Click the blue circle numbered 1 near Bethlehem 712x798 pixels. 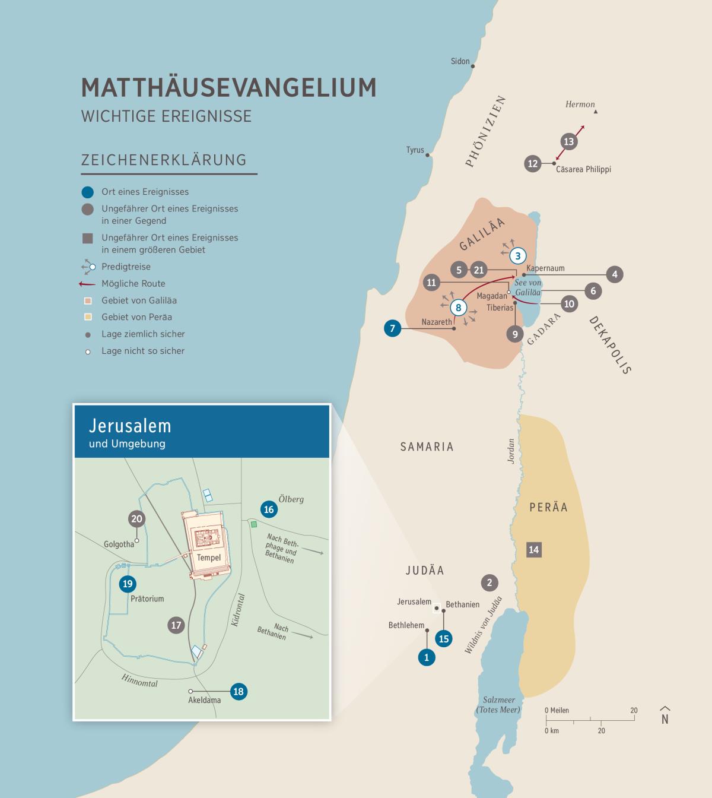426,657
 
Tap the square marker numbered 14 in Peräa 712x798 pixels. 533,549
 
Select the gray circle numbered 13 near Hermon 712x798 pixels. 568,141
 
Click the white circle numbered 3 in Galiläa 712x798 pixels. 518,255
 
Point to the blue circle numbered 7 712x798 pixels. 392,328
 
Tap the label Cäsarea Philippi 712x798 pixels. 583,169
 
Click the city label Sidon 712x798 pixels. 460,61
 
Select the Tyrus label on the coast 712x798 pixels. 415,150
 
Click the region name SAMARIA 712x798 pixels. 427,446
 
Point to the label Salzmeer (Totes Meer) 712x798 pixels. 498,705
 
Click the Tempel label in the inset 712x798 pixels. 208,558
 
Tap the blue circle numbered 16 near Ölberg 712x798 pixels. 269,509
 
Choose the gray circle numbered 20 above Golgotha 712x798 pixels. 136,519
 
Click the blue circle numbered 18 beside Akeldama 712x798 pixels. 239,691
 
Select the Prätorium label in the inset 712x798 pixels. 147,598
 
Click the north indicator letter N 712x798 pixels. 665,718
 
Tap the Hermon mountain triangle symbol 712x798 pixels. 596,112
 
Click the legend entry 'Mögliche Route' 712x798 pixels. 133,284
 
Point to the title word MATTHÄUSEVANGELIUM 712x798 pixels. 228,87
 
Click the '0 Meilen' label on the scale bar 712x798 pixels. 557,710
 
